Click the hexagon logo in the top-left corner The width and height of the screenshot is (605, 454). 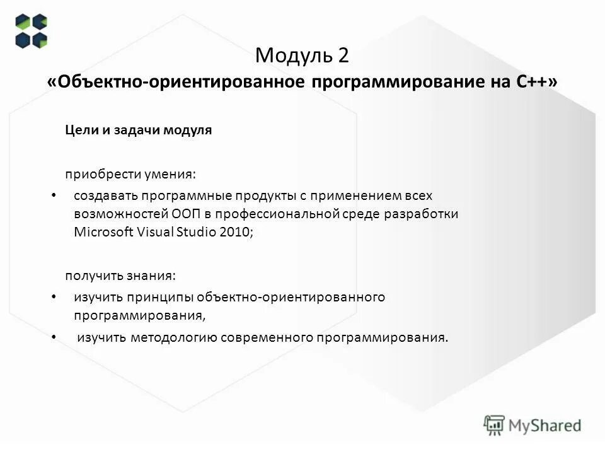[32, 31]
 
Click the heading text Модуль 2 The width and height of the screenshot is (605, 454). [302, 55]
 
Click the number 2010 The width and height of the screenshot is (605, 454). [235, 231]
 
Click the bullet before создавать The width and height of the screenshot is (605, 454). [53, 195]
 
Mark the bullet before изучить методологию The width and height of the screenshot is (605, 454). [53, 337]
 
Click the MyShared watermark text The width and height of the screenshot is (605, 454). [545, 426]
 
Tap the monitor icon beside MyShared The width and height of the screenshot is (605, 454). [495, 425]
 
